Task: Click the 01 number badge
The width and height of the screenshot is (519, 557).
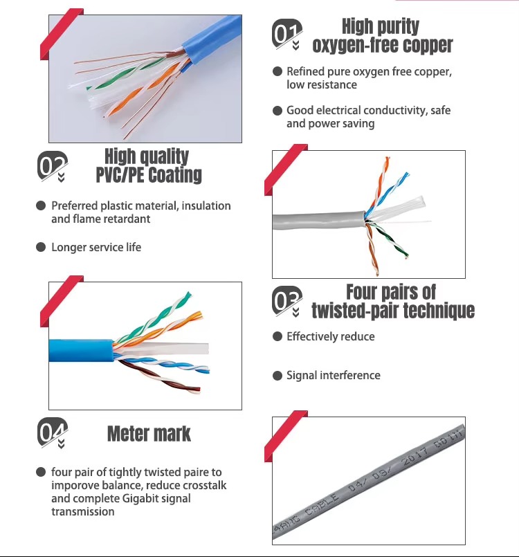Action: click(287, 34)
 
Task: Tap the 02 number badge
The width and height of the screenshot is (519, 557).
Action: click(52, 166)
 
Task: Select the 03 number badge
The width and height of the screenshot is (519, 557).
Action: click(287, 301)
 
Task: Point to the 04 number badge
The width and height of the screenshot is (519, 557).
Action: click(52, 432)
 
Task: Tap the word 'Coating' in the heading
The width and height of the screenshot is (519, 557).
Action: click(175, 175)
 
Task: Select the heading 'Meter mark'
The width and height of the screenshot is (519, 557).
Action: click(149, 434)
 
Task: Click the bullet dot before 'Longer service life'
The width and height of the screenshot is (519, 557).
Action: click(41, 247)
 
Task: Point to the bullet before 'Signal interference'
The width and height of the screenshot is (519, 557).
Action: click(277, 376)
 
